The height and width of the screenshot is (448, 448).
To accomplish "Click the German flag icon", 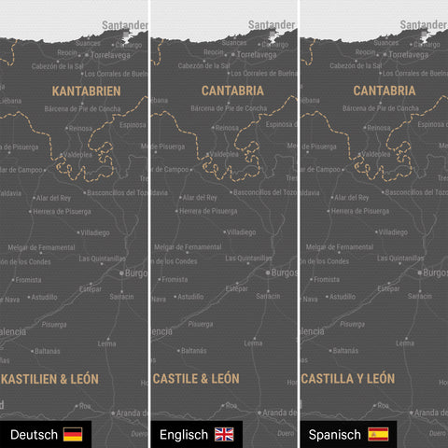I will (72, 435).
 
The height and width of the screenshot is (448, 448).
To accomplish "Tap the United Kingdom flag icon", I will (225, 435).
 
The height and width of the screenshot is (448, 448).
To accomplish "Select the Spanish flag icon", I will (378, 435).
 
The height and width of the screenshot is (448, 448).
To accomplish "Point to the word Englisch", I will (184, 435).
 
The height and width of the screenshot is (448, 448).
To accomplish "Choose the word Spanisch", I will (336, 435).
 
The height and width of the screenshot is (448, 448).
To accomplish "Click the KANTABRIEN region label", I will (86, 91).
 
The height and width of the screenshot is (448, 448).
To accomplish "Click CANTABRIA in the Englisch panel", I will (232, 91).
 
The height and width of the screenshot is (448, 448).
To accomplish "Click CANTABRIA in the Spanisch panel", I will (385, 91).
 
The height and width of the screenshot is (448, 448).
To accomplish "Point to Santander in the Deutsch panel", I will (125, 25).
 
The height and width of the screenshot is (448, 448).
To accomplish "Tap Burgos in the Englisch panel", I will (282, 273).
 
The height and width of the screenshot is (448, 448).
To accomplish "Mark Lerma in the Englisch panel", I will (253, 343).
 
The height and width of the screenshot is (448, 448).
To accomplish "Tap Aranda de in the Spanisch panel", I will (429, 412).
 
